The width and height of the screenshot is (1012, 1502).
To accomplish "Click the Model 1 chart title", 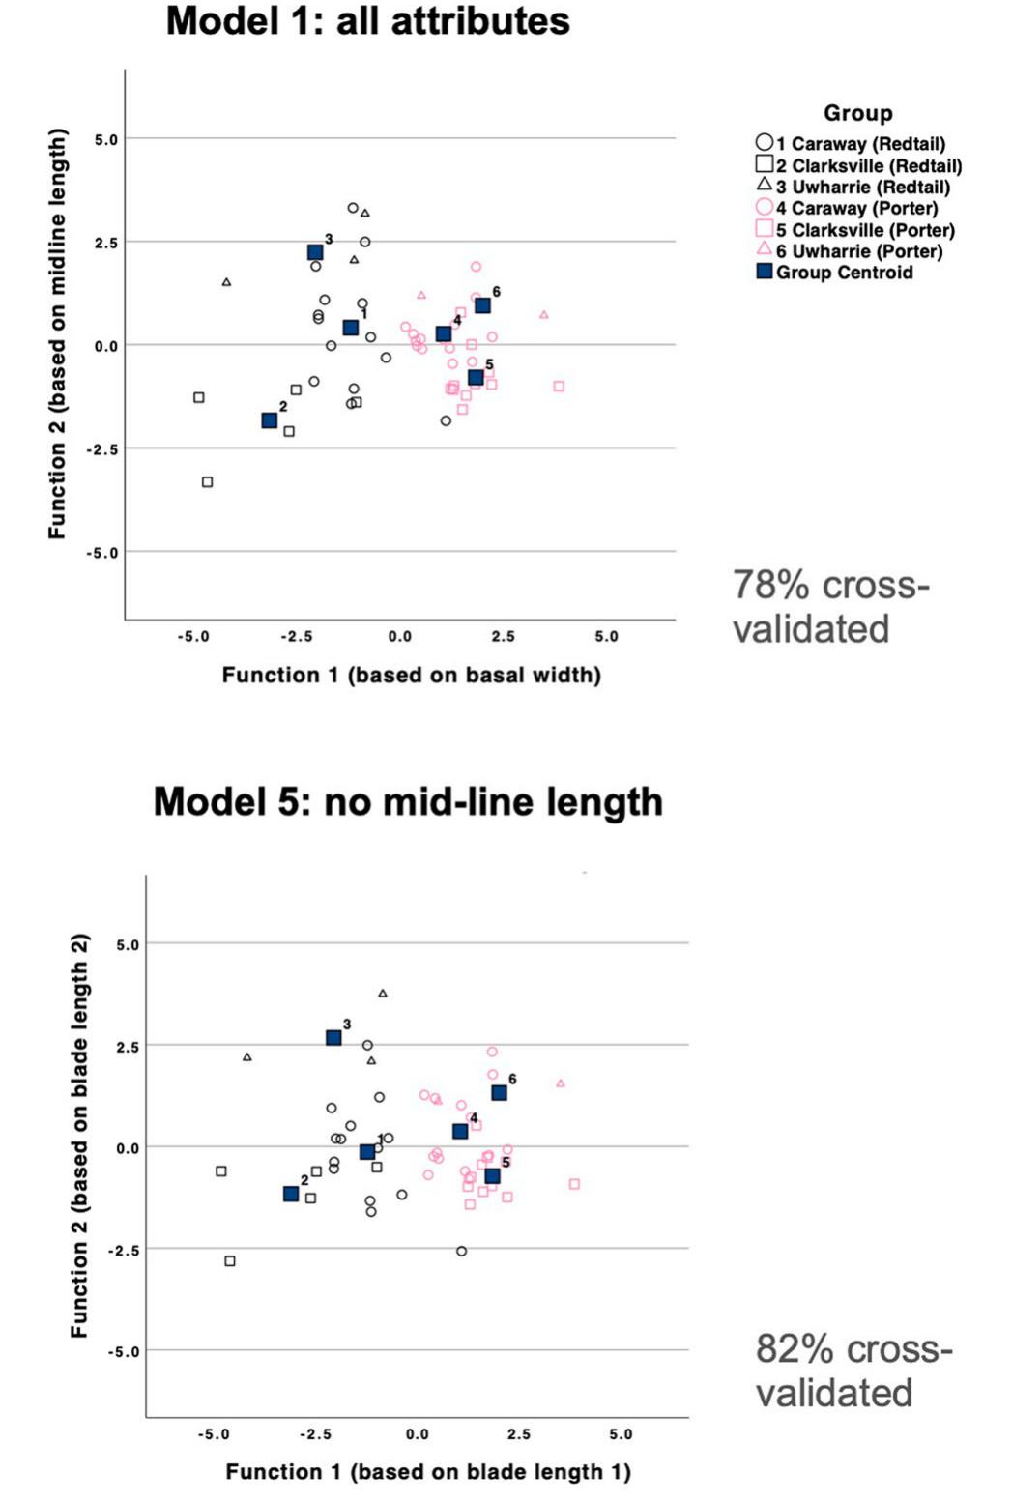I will [x=367, y=21].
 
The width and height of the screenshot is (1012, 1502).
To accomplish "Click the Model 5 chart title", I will [x=407, y=802].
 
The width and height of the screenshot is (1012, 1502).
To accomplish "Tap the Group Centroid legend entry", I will [x=835, y=273].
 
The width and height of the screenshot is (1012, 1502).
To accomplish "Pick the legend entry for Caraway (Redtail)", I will [x=851, y=144].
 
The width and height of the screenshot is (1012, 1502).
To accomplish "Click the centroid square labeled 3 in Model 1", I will [x=315, y=252].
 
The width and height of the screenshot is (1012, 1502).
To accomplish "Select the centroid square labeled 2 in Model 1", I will [x=269, y=420].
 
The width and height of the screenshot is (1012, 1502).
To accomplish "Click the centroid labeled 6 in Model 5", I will [x=499, y=1093].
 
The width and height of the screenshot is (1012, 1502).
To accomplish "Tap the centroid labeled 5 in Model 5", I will [x=492, y=1176].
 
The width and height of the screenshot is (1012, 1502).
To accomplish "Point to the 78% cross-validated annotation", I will [x=829, y=607].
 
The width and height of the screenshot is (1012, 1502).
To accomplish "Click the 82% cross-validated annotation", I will [x=853, y=1371].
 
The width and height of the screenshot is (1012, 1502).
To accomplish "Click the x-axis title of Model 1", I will [x=411, y=675].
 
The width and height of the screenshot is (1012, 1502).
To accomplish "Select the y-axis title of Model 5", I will [x=79, y=1136].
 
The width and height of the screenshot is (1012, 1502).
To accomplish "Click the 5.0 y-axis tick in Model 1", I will [x=105, y=139].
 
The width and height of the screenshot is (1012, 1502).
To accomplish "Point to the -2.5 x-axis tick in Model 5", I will [x=315, y=1434].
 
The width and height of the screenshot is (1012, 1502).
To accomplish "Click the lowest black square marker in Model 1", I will [x=207, y=482].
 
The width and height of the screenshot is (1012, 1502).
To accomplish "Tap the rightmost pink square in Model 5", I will [x=574, y=1184].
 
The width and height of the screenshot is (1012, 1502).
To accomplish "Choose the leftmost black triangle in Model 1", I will [x=226, y=282].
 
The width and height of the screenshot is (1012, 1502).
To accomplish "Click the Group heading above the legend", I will [x=857, y=113].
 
